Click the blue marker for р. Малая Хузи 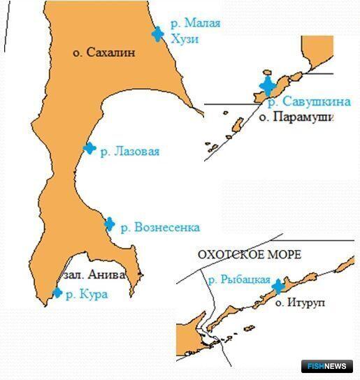tap(158, 33)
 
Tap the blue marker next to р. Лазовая tap(89, 148)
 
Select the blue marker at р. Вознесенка tap(109, 224)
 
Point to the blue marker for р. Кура tap(57, 293)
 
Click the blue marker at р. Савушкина tap(267, 86)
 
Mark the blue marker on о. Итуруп tap(278, 286)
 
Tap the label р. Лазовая tap(130, 151)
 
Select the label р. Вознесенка tap(160, 227)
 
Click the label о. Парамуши tap(296, 117)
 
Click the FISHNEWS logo tap(329, 365)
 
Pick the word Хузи tap(185, 39)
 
